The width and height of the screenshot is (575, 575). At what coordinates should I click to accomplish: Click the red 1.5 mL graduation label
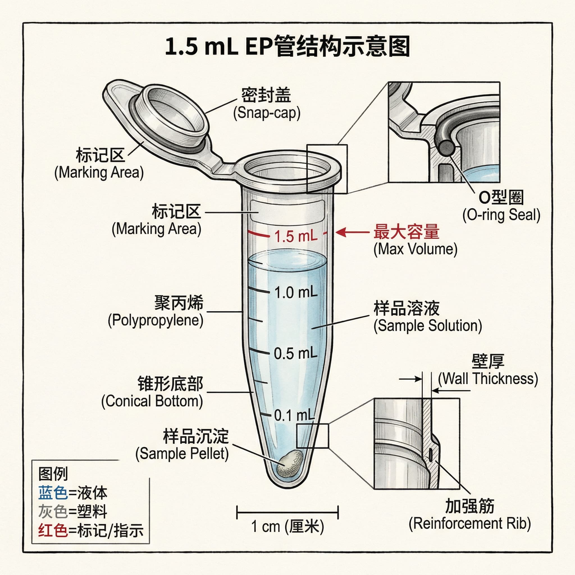point(296,237)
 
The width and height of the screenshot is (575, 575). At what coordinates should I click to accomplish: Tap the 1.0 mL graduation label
point(296,292)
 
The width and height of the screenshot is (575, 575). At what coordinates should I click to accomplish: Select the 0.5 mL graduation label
point(296,353)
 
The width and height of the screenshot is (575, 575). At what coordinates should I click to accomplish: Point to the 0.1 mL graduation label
point(294,415)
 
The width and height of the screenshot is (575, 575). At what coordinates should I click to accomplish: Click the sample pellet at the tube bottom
point(289,463)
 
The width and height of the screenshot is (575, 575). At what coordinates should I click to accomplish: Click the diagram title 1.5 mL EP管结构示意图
point(287,46)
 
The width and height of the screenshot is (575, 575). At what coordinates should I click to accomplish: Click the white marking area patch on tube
point(287,210)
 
